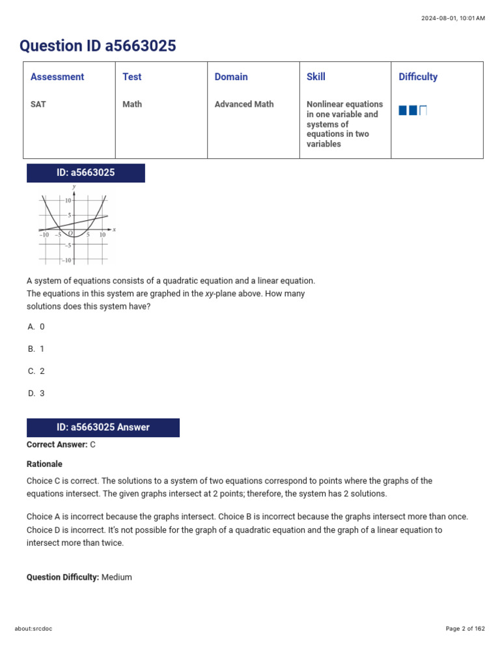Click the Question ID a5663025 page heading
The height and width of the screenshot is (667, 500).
coord(98,46)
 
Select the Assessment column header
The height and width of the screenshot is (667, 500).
coord(57,77)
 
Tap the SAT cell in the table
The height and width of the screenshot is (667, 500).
coord(38,104)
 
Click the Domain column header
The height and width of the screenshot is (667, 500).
coord(231,77)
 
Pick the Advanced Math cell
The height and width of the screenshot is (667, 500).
coord(244,104)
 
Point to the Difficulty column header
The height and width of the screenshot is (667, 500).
coord(418,77)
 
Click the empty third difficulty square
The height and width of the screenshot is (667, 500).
coord(423,111)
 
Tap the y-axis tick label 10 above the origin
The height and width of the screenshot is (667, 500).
coord(68,201)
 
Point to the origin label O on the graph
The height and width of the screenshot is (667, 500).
coord(70,233)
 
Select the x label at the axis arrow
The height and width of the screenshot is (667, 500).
coord(114,229)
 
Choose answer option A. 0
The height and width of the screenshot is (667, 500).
coord(36,327)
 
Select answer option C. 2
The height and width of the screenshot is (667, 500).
coord(36,371)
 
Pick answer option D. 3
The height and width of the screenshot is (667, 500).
coord(36,393)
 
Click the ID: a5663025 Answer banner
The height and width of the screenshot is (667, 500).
coord(103,427)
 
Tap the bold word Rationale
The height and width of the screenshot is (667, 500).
coord(44,464)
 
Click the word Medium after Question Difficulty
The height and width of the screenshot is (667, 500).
coord(117,577)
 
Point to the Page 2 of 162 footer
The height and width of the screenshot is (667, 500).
coord(465,629)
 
